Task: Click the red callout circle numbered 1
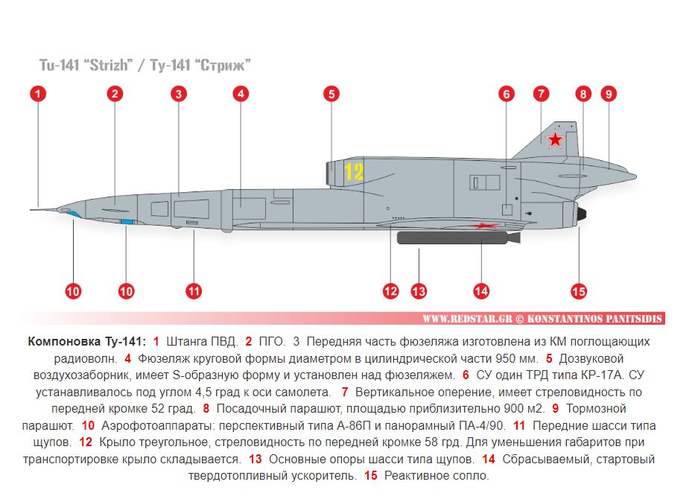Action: coord(38,94)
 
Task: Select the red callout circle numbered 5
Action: coord(331,94)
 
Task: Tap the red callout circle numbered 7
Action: coord(541,94)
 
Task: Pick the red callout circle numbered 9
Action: coord(609,94)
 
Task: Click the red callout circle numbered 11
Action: coord(194,291)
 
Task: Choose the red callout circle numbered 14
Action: coord(481,291)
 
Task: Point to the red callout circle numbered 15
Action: coord(579,291)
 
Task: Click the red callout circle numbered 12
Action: coord(390,291)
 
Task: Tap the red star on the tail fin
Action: coord(555,140)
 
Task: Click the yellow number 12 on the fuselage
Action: coord(354,171)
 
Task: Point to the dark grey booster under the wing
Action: coord(458,238)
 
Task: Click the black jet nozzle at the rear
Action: coord(582,214)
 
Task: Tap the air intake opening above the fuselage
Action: coord(330,173)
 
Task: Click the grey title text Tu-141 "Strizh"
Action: coord(86,66)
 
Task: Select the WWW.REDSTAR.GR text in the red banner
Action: coord(467,319)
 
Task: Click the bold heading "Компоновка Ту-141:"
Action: coord(86,342)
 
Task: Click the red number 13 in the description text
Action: coord(255,460)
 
